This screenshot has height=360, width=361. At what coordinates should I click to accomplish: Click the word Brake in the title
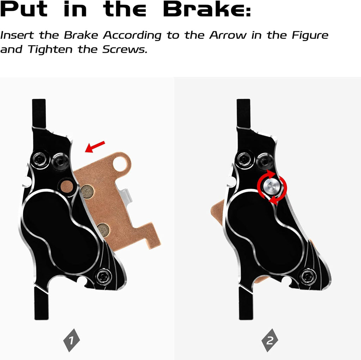click(207, 9)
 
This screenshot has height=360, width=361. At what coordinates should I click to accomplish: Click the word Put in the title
click(24, 9)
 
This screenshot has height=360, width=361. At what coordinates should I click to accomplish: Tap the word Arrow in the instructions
click(228, 35)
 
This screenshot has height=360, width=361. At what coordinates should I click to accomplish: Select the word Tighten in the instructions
click(50, 49)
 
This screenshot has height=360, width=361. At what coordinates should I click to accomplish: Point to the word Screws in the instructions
click(124, 49)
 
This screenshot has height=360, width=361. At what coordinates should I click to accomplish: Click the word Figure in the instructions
click(310, 36)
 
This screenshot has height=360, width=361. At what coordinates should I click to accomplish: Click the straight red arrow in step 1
click(95, 147)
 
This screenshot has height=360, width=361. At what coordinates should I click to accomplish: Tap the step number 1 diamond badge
click(72, 340)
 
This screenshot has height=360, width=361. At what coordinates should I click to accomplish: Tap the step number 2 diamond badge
click(270, 340)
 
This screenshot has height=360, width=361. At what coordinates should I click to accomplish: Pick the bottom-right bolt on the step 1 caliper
click(103, 277)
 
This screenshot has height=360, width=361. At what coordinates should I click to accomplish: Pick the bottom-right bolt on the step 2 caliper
click(308, 277)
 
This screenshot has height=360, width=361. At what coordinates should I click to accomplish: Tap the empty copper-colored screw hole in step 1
click(67, 186)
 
